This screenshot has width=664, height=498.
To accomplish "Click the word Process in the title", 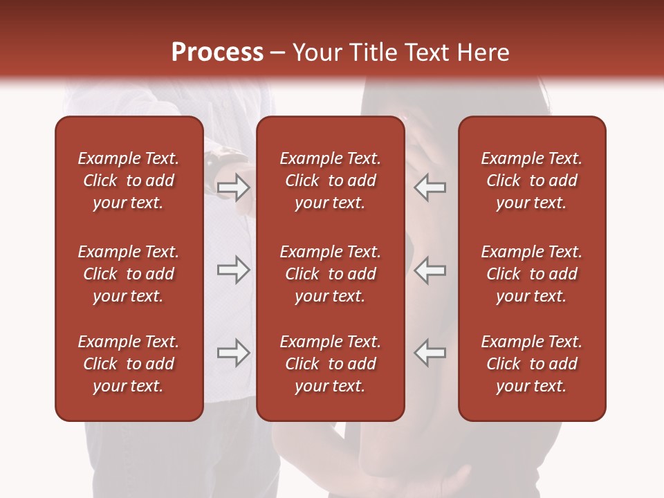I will (x=217, y=53).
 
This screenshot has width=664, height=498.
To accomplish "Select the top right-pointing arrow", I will (x=233, y=187).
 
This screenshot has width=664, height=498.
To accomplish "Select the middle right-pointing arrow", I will (x=233, y=270).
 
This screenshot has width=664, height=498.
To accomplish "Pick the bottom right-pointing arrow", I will (x=233, y=353).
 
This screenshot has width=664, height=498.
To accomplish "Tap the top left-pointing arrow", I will (x=430, y=187).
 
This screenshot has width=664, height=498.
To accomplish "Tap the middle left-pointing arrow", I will (x=430, y=270).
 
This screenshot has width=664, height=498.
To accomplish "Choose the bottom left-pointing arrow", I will (x=430, y=353).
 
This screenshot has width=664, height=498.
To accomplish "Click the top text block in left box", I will (x=129, y=181).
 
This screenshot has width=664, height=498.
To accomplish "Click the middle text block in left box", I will (x=129, y=274).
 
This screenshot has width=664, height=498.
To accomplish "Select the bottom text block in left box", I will (x=129, y=364).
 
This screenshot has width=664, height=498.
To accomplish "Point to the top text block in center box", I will (x=330, y=181).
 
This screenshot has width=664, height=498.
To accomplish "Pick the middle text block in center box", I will (x=330, y=274).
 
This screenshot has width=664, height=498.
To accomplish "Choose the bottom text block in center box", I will (x=330, y=364).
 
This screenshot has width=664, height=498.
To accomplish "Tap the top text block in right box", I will (x=531, y=181).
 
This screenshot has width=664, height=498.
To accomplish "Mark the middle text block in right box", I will (x=531, y=274).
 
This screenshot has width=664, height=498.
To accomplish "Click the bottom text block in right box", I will (x=531, y=364).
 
